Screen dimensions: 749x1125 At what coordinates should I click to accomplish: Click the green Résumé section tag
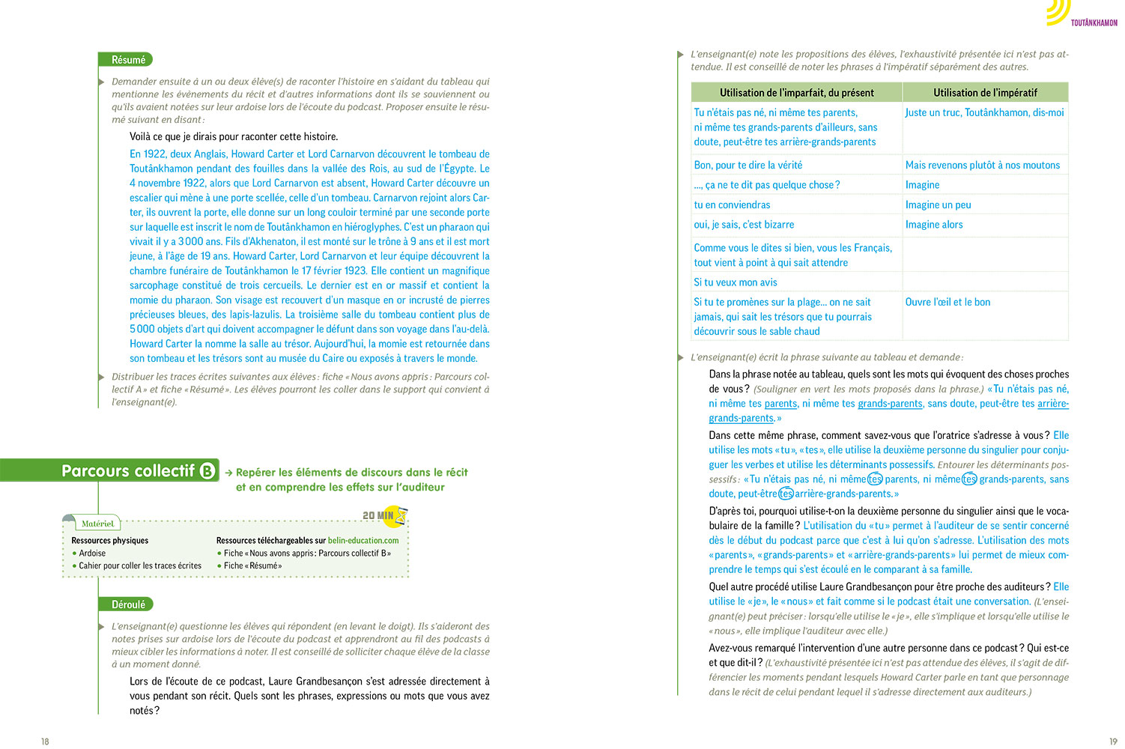[126, 60]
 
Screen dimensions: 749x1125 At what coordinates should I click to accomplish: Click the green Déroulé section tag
[127, 604]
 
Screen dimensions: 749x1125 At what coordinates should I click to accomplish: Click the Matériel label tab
[97, 524]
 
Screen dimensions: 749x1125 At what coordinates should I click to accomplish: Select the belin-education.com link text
[363, 541]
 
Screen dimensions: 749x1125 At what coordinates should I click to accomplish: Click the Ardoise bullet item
[92, 554]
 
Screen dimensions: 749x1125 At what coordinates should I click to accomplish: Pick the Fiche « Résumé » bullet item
[252, 566]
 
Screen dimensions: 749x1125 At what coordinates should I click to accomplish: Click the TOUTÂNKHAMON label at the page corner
[1094, 23]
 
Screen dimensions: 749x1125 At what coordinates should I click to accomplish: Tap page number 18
[45, 742]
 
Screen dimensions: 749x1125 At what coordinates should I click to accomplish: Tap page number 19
[1112, 742]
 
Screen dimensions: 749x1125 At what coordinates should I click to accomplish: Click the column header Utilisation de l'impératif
[985, 93]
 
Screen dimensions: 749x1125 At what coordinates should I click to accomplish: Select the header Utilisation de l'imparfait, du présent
[796, 93]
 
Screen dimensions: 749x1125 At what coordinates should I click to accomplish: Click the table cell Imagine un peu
[938, 205]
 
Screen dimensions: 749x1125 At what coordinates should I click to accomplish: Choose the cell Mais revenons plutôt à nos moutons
[982, 166]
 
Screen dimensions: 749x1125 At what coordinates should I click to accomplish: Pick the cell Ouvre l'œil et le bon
[947, 303]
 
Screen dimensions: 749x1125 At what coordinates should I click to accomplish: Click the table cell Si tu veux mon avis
[736, 282]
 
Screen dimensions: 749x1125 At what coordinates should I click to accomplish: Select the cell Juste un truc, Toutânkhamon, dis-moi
[984, 113]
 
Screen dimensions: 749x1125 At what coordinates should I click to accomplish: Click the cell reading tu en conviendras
[732, 205]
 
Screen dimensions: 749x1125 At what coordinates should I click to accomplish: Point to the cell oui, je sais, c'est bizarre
[744, 225]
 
